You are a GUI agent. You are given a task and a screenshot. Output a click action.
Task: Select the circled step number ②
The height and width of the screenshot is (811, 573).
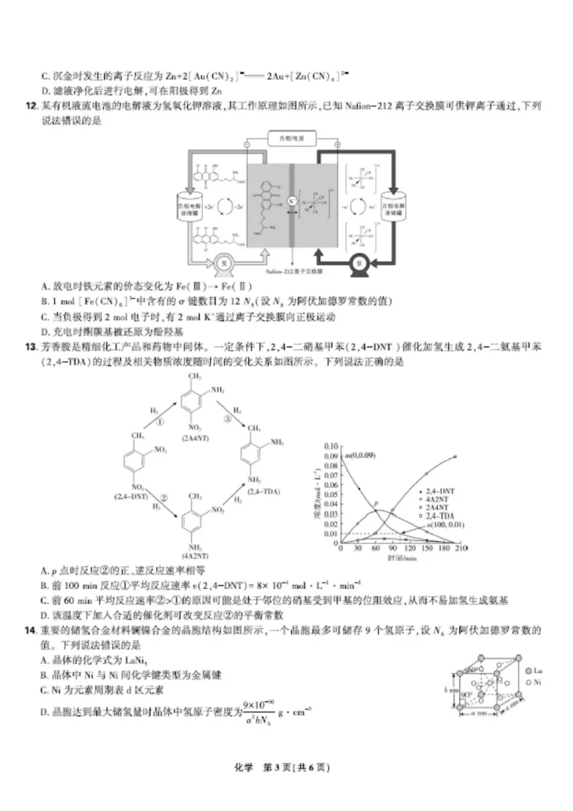[164, 497]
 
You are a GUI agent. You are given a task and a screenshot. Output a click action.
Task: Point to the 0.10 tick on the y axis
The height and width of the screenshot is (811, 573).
[330, 445]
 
